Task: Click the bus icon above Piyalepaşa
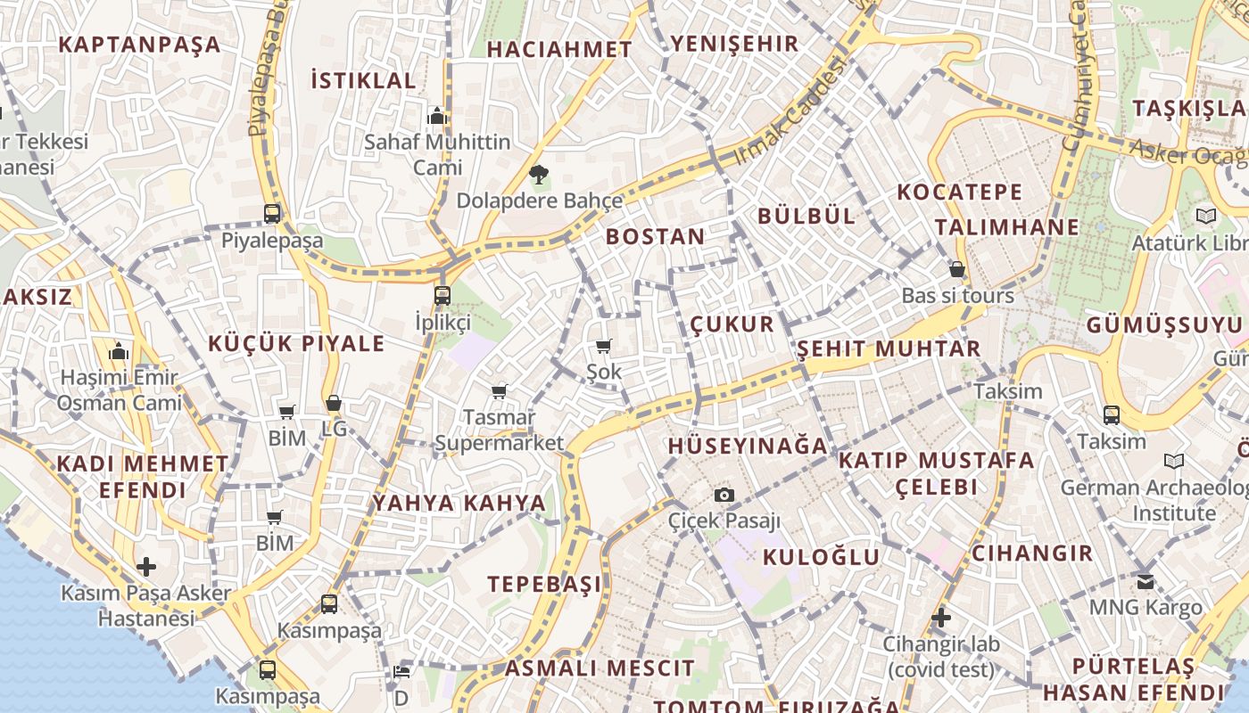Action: point(272,214)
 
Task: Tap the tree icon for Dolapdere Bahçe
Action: point(538,175)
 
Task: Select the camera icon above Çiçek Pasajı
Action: point(724,496)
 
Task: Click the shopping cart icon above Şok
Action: point(604,347)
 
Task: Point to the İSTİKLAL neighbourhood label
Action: point(363,80)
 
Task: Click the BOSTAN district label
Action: point(655,236)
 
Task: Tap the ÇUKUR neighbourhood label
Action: point(732,324)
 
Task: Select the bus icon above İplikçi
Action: point(443,296)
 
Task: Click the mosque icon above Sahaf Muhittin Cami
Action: point(436,116)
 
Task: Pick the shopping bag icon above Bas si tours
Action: point(957,269)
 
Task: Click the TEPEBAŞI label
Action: point(544,584)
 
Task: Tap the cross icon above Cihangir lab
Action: point(940,617)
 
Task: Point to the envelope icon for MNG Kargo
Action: point(1145,582)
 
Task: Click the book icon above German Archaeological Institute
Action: point(1174,461)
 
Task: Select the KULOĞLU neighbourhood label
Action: point(821,557)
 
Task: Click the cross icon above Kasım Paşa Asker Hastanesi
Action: point(146,567)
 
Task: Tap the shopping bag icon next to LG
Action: point(334,404)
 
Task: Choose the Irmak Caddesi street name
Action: point(790,111)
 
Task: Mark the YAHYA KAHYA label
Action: point(459,503)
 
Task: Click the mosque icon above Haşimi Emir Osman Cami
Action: point(119,352)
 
